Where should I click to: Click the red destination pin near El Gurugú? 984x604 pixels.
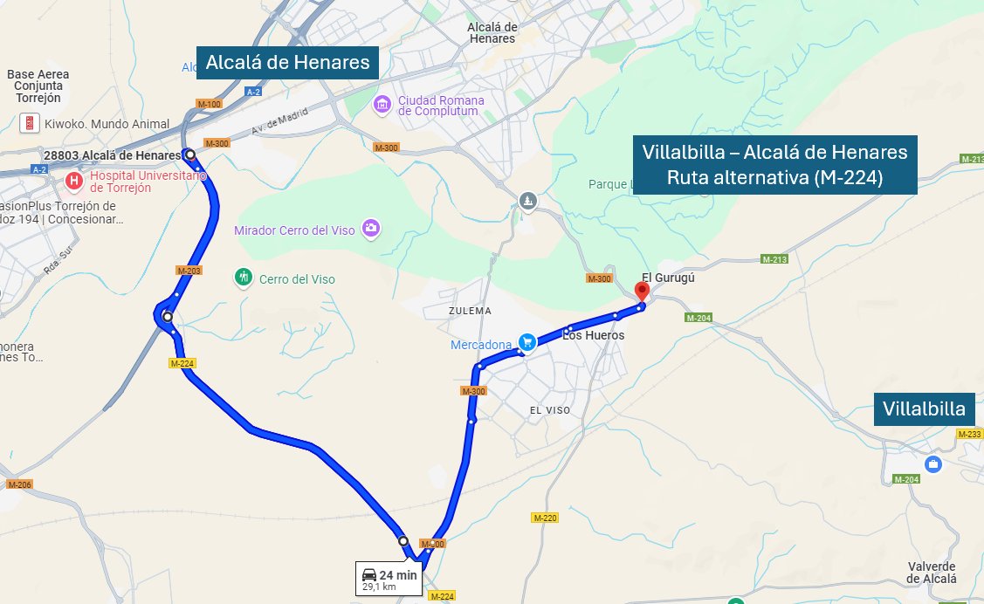pos(642,291)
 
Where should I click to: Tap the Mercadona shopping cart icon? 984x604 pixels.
pos(526,342)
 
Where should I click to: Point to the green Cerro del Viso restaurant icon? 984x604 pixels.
pos(244,278)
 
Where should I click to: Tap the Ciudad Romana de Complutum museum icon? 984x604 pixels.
pos(382,105)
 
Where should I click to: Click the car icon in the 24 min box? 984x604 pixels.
pos(369,574)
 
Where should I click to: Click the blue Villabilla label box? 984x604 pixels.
pos(924,409)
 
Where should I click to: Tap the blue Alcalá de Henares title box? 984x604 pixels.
pos(287,63)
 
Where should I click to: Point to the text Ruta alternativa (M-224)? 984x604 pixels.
pos(775,179)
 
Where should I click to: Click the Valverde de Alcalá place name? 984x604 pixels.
pos(932,572)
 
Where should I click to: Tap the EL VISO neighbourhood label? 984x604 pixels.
pos(549,409)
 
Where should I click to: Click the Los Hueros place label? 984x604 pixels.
pos(594,335)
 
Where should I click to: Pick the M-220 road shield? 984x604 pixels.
pos(544,518)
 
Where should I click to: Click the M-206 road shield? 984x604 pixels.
pos(19,484)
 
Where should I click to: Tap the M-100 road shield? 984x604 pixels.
pos(210,104)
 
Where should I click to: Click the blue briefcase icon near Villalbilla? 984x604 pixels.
pos(932,463)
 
